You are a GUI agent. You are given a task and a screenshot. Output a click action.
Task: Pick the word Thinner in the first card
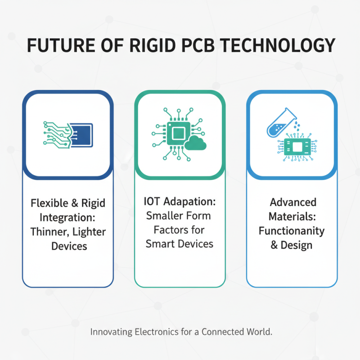(x=48, y=232)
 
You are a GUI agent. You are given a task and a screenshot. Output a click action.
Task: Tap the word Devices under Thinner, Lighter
(x=68, y=247)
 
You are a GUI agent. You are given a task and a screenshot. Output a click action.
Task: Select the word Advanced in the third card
(x=293, y=202)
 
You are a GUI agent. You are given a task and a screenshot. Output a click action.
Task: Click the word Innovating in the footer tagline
(x=111, y=333)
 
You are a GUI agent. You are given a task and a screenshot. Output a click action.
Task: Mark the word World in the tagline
(x=260, y=333)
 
